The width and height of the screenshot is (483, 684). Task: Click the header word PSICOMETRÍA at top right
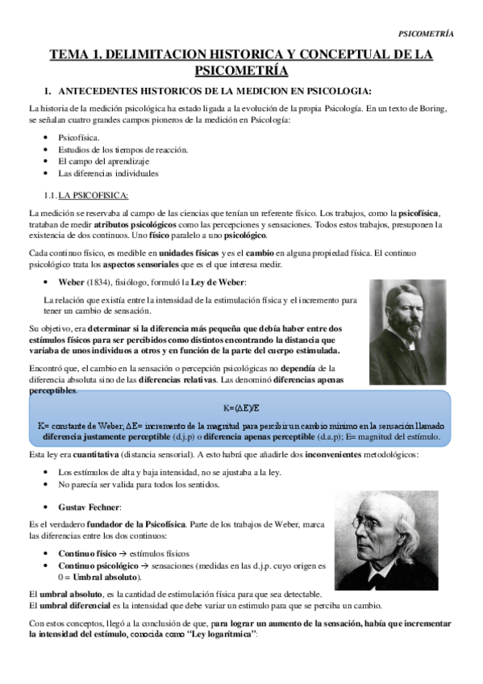point(427,33)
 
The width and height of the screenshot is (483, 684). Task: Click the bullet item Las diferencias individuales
point(108,173)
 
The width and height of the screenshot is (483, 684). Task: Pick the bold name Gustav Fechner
point(90,507)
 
